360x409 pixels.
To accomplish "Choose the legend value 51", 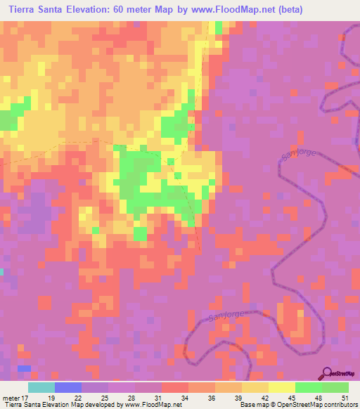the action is point(345,397).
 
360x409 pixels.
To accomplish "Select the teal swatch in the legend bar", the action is point(41,387).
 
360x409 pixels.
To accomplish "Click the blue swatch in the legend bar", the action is point(68,387).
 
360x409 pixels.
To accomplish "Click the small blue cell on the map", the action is point(24,368).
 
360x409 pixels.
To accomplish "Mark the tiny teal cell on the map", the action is point(1,271).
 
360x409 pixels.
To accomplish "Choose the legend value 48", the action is point(317,397).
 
